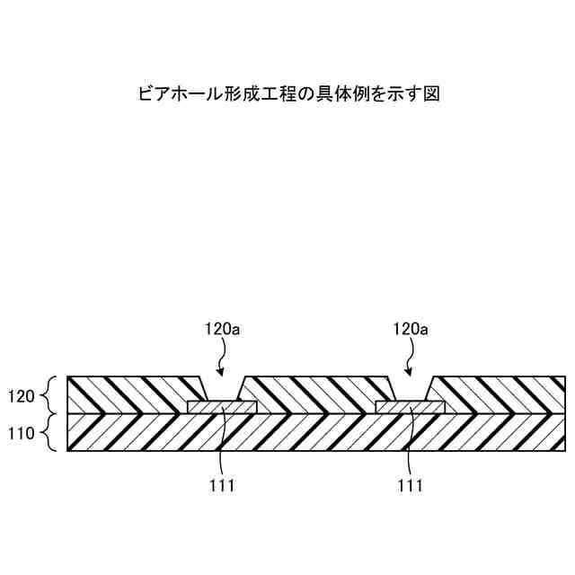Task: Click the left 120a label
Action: pos(222,330)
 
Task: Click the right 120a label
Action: pos(410,330)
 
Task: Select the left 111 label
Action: pos(222,486)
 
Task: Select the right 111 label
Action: pos(410,486)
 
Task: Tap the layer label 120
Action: pos(21,394)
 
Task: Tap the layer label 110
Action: pos(21,432)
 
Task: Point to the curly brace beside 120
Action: pos(50,394)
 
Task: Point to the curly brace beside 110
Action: pos(50,432)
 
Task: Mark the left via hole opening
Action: pos(221,390)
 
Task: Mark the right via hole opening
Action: pos(410,390)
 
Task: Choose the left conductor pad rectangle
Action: pos(222,407)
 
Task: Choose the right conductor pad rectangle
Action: pos(410,407)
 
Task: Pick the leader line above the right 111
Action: pos(410,440)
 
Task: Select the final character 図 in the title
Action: pos(430,93)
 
